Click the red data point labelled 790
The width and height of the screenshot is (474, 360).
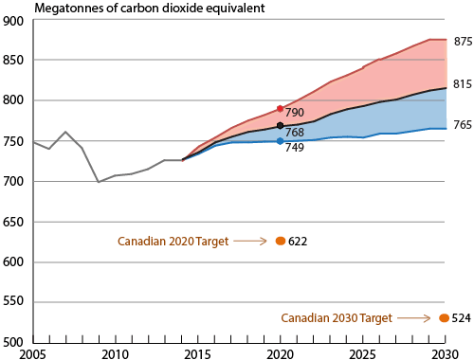[x=280, y=109]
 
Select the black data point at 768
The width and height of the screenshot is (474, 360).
[x=280, y=126]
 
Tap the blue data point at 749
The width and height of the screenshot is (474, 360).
[x=280, y=141]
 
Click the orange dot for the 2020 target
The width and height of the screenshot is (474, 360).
[x=280, y=242]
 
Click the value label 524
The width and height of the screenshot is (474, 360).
[x=461, y=318]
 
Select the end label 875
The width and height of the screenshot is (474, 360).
[x=463, y=41]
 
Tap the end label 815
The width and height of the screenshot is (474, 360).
[x=463, y=84]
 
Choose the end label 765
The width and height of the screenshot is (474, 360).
[x=463, y=125]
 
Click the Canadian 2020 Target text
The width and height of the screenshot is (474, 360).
[x=172, y=242]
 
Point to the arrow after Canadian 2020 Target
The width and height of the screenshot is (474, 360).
[x=249, y=242]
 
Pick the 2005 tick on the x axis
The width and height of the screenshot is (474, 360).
[x=34, y=353]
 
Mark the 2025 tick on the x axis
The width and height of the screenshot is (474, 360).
[x=361, y=353]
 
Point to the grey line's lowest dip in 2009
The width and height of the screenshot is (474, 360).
[x=100, y=182]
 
